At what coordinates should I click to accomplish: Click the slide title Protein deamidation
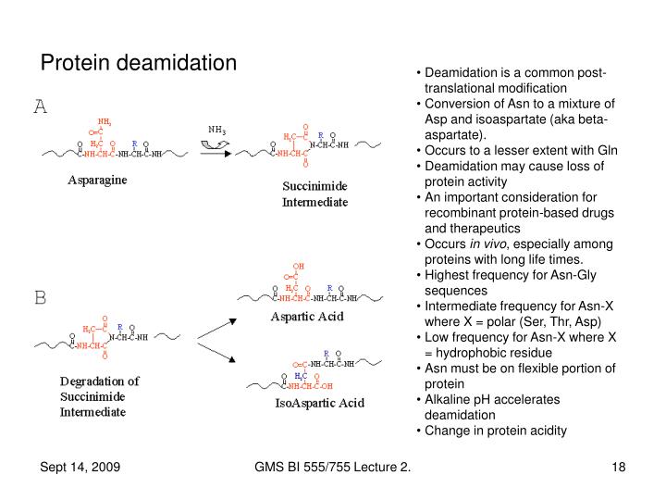click(x=139, y=63)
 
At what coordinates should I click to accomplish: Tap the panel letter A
click(x=41, y=106)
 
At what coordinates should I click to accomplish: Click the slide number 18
click(x=619, y=469)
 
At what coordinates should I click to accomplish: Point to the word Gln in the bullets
click(x=604, y=151)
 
